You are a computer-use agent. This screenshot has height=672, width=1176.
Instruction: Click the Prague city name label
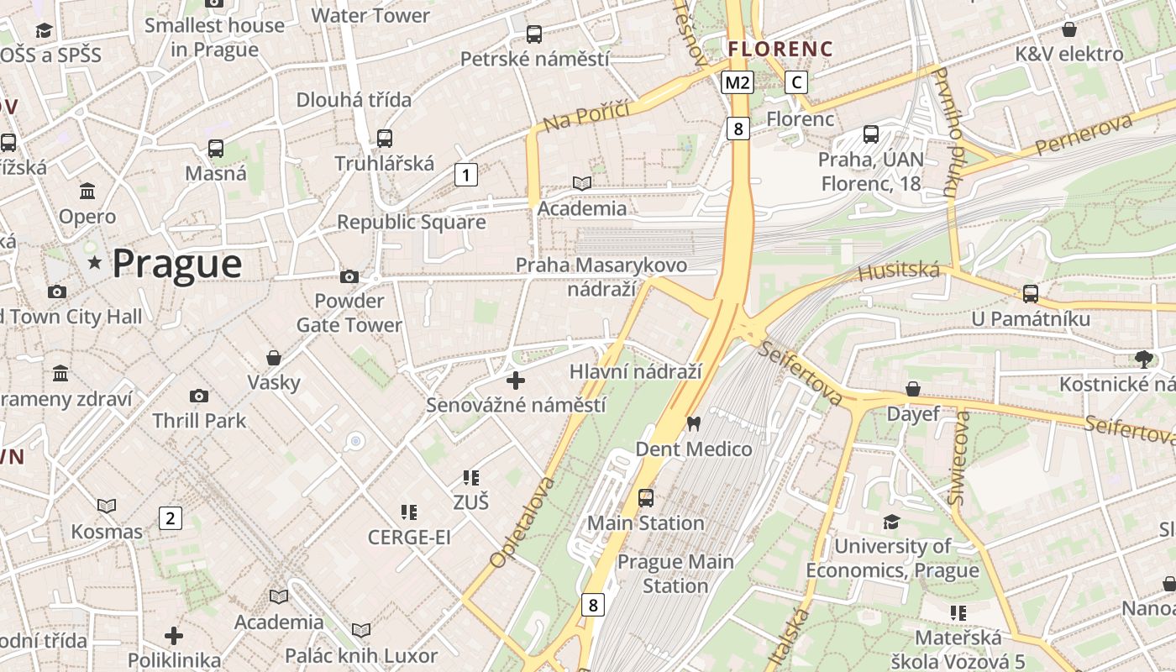tap(176, 264)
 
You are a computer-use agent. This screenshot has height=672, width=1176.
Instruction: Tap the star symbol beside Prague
tap(95, 265)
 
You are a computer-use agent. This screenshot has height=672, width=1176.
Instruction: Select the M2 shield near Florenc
tap(738, 82)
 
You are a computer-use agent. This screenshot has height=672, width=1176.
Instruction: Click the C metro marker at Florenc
tap(796, 82)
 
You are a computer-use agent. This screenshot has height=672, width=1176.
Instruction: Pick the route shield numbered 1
tap(465, 175)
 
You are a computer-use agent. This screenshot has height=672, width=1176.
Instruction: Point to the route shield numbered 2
tap(171, 518)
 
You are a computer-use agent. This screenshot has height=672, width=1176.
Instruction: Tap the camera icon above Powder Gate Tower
tap(349, 276)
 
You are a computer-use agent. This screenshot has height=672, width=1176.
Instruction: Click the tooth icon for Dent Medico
tap(693, 423)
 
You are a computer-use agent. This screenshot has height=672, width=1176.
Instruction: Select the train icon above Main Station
tap(645, 497)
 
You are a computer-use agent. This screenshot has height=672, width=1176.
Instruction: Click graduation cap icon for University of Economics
tap(892, 522)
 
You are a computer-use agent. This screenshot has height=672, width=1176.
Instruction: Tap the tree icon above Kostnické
tap(1143, 360)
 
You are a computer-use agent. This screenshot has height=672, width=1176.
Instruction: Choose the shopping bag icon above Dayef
tap(913, 389)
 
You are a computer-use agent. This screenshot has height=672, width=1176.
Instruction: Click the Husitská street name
tap(898, 270)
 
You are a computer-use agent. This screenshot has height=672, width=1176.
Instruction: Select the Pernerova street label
tap(1083, 135)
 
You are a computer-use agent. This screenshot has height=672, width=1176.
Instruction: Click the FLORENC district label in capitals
tap(780, 49)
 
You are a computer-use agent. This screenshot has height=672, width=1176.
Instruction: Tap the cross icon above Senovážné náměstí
tap(516, 381)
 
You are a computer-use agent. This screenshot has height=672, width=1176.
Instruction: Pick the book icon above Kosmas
tap(107, 506)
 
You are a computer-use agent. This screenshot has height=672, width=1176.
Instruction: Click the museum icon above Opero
tap(87, 191)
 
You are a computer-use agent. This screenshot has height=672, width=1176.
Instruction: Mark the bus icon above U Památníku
tap(1031, 293)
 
